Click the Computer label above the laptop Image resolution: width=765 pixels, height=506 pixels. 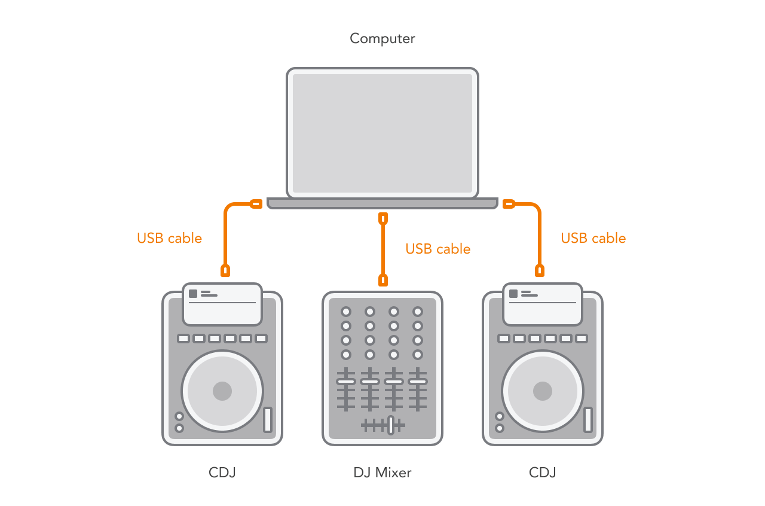coord(382,39)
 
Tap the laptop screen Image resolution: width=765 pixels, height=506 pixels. coord(382,133)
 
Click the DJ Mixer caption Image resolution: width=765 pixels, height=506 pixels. coord(382,473)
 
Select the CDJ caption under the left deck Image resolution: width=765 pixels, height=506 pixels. coord(222,473)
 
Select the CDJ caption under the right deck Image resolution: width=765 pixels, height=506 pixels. coord(542,473)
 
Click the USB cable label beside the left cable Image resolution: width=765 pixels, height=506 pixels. coord(169,238)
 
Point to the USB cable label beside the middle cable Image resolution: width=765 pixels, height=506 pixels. coord(438,249)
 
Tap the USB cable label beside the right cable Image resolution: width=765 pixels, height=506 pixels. coord(593,238)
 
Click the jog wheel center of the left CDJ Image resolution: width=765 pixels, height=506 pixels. coord(222,391)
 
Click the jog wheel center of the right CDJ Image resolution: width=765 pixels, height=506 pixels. coord(543,391)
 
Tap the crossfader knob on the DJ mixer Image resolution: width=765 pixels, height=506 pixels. coord(391,425)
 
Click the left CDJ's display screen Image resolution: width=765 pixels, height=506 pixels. coord(222,304)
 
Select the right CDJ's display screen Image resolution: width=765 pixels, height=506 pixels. coord(543,304)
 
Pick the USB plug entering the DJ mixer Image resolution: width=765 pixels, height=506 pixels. coord(383,280)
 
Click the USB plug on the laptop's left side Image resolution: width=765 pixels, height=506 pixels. coord(256,204)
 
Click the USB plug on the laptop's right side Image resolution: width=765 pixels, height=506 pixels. coord(509,204)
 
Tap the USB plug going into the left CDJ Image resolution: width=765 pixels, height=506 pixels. coord(225,270)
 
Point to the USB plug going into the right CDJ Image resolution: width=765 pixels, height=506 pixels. coord(539,270)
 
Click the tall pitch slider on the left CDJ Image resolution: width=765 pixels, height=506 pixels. coord(268,419)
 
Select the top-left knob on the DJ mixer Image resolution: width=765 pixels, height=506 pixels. coord(346,312)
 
